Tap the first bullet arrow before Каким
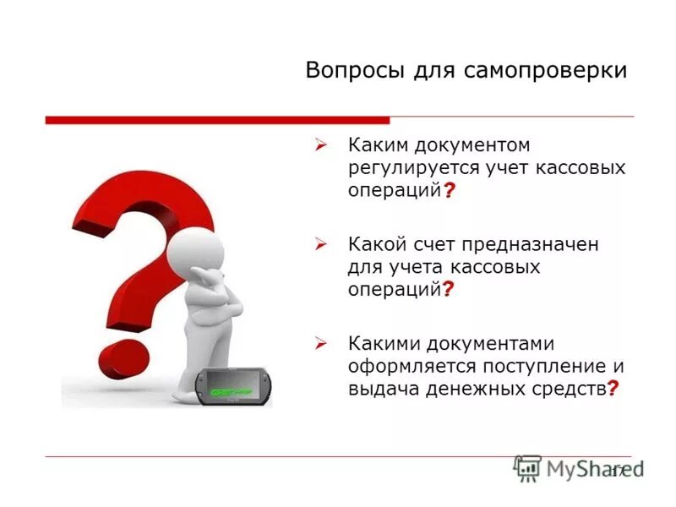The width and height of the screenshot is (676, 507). pyautogui.click(x=321, y=146)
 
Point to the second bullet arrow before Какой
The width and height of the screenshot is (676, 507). pyautogui.click(x=321, y=244)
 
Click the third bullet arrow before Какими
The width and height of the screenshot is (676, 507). pyautogui.click(x=321, y=343)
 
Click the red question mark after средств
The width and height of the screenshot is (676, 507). pyautogui.click(x=613, y=388)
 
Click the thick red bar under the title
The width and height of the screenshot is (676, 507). pyautogui.click(x=217, y=120)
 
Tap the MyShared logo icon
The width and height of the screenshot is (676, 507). pyautogui.click(x=527, y=468)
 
